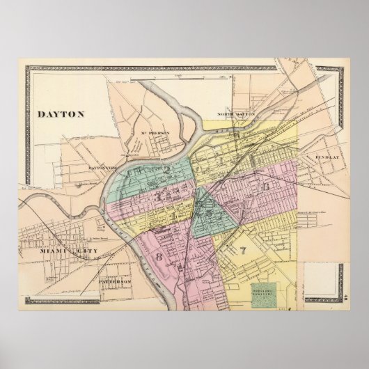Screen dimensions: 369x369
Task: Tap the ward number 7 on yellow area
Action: pyautogui.click(x=243, y=251)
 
